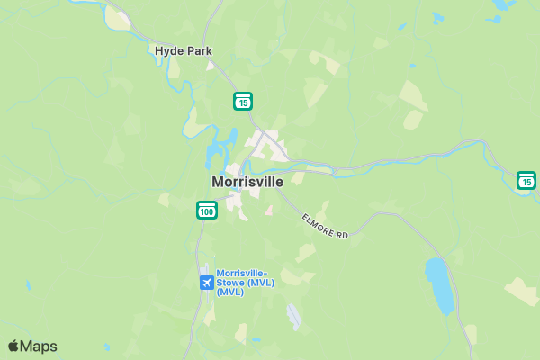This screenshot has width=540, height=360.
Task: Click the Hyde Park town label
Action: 183,51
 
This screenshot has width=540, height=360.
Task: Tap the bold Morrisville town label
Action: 247,182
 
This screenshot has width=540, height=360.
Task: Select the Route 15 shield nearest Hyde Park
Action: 243,101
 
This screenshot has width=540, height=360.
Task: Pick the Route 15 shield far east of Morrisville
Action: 526,181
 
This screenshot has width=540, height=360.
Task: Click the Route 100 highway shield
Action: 207,211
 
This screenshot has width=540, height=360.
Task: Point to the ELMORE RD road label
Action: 324,225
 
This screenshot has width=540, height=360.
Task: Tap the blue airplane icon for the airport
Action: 207,283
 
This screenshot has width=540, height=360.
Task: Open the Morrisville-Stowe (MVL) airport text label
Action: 246,282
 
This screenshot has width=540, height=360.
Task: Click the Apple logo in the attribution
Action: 13,346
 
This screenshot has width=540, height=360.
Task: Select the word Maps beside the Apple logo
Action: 39,346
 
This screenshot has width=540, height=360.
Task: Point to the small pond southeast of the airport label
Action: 294,316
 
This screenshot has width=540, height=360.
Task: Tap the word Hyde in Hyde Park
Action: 168,51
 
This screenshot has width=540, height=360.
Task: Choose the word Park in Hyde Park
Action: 198,51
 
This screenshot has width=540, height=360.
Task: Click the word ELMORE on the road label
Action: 318,221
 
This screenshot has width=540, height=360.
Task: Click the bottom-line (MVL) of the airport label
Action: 231,292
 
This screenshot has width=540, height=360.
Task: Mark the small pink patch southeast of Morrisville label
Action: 269,210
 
